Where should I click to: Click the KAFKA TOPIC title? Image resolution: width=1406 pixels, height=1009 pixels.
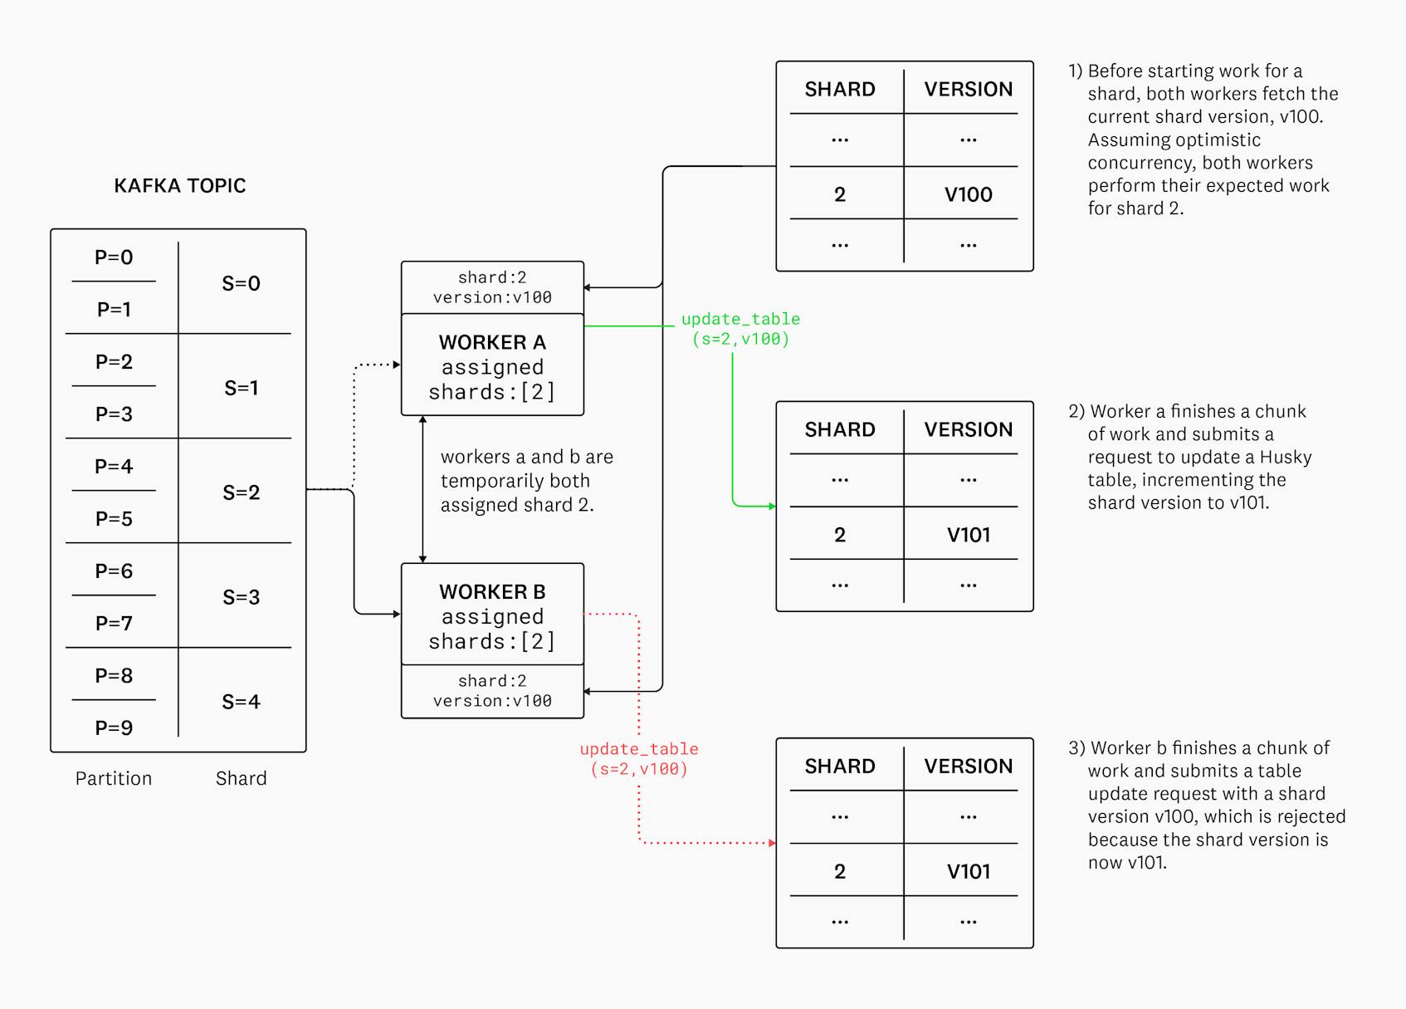coord(179,185)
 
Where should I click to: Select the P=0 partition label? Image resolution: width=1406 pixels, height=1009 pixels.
coord(114,257)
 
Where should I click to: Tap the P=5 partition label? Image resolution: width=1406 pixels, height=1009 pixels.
coord(114,519)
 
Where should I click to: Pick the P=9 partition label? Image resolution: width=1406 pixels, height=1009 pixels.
coord(114,728)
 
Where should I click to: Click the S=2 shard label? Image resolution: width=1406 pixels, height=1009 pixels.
coord(241,492)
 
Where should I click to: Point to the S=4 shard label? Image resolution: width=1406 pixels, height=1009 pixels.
coord(241,702)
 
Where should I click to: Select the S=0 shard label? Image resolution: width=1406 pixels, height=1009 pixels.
coord(241,283)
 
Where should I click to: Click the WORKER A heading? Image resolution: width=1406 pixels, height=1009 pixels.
coord(492,342)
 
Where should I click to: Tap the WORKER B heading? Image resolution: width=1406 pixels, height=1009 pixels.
coord(492,591)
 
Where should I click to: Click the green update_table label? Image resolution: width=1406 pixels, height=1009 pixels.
coord(740,329)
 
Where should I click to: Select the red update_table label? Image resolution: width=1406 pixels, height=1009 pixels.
coord(639,759)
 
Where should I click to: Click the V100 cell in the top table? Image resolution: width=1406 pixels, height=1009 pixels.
coord(968,194)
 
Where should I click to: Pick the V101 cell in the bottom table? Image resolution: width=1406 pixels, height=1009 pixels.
coord(968,871)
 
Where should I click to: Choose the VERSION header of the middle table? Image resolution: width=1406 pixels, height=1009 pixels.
coord(968,429)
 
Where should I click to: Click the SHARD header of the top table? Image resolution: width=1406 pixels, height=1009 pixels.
coord(840,89)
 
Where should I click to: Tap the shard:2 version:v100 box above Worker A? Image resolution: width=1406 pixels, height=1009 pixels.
coord(492,287)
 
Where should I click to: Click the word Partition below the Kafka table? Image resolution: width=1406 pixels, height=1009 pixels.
coord(114,778)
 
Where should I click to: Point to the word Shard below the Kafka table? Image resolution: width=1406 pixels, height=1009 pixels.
coord(241,778)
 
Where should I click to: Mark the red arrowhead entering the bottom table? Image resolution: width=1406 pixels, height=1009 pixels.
coord(772,843)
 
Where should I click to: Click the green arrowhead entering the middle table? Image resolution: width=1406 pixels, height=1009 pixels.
coord(772,506)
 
